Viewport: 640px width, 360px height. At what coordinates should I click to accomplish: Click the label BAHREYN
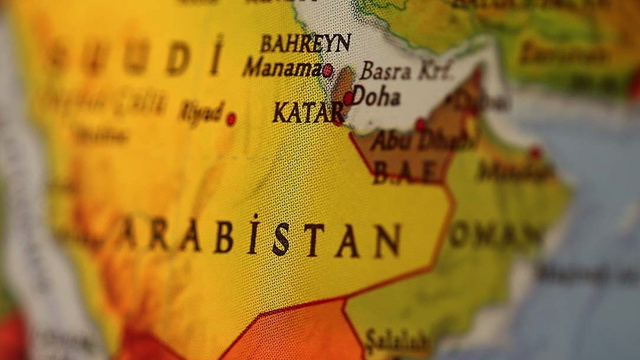pos(306,43)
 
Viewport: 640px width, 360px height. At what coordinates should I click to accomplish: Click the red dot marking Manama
pos(327,70)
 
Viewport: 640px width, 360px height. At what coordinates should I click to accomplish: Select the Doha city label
pos(376,97)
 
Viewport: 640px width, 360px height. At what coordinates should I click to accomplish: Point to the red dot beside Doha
pos(348,98)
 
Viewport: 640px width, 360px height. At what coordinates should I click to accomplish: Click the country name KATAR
pos(308,113)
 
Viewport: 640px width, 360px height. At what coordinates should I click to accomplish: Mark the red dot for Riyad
pos(231,119)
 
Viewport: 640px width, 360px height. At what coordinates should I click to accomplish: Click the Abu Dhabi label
pos(421,141)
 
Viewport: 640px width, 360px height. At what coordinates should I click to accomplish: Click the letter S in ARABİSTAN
pos(281,239)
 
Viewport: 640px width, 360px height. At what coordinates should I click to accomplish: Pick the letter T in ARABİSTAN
pos(313,240)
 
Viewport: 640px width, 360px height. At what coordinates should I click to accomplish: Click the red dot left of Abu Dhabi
pos(420,124)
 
